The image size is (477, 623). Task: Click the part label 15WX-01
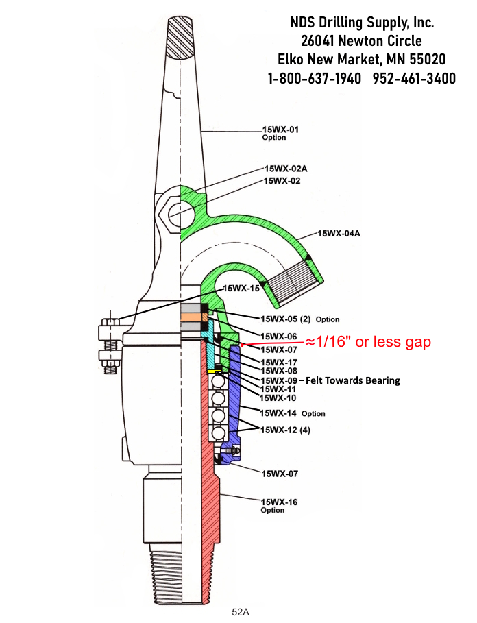pyautogui.click(x=281, y=129)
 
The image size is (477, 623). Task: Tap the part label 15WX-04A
pyautogui.click(x=339, y=234)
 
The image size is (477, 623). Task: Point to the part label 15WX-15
pyautogui.click(x=241, y=289)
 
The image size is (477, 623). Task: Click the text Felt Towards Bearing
pyautogui.click(x=353, y=380)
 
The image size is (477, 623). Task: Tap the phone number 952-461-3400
pyautogui.click(x=414, y=78)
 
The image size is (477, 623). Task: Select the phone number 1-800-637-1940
pyautogui.click(x=315, y=78)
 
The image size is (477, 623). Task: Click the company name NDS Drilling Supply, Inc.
pyautogui.click(x=361, y=23)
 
